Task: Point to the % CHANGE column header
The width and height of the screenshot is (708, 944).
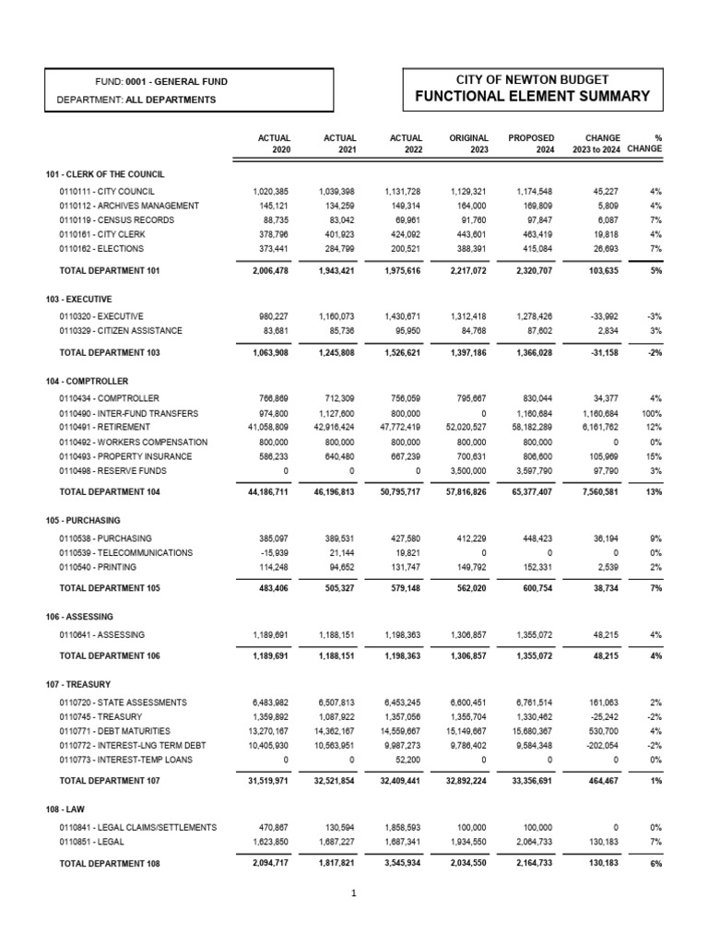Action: coord(645,143)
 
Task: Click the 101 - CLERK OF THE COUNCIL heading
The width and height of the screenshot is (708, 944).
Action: coord(106,174)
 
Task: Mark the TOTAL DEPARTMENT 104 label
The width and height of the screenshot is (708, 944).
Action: coord(110,493)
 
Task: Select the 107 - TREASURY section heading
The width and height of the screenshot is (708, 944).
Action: coord(78,685)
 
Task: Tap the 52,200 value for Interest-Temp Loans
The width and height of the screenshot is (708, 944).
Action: coord(405,759)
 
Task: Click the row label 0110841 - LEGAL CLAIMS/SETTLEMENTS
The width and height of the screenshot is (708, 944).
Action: coord(138,827)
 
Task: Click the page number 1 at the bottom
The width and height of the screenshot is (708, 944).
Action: coord(354,893)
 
